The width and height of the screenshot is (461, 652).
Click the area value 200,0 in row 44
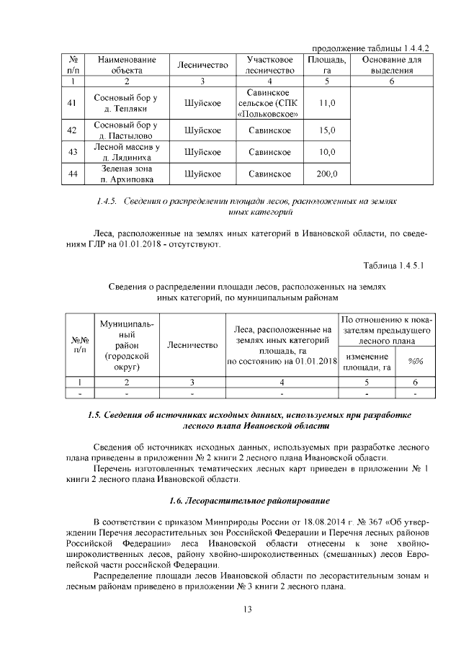327,174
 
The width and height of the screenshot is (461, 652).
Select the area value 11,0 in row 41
327,104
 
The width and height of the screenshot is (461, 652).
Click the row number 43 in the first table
71,152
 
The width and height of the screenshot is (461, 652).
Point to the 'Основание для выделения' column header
391,64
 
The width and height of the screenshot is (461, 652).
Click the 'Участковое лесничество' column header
269,64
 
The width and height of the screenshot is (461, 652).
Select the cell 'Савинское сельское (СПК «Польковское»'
269,104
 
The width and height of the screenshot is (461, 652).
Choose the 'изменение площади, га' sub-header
367,362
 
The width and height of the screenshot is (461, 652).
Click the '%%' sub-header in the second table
415,362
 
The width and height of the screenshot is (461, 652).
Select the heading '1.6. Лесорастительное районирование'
249,500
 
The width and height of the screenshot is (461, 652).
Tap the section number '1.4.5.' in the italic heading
107,202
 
